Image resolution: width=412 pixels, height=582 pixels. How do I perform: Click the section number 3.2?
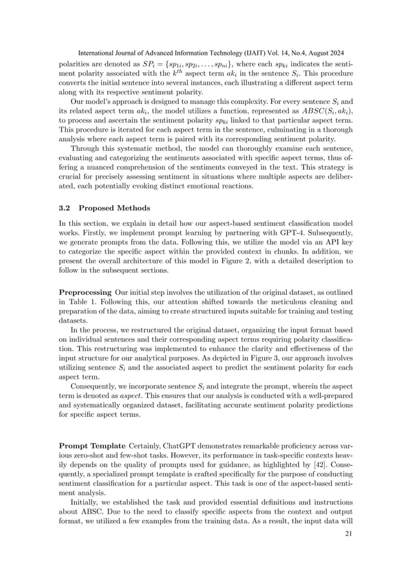click(x=66, y=208)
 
